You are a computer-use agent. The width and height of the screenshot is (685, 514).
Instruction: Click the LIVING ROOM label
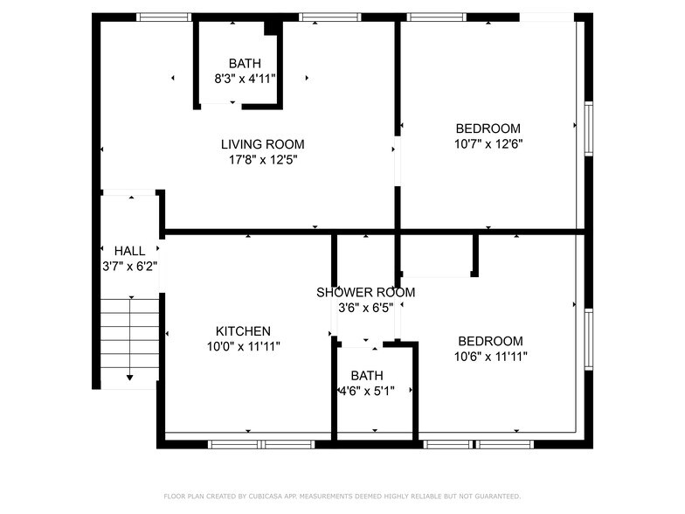click(262, 144)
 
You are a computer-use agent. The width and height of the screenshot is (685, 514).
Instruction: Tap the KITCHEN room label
click(243, 331)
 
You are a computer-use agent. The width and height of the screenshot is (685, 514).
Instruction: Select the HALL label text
click(129, 251)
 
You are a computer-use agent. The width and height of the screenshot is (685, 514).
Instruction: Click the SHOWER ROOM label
click(365, 292)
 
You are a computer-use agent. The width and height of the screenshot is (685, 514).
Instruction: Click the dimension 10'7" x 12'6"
click(488, 143)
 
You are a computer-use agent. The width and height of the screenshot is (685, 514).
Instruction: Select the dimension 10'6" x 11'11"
click(490, 356)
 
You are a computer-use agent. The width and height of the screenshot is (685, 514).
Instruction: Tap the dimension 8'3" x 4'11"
click(245, 78)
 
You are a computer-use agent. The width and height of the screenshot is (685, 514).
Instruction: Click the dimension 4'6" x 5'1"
click(367, 391)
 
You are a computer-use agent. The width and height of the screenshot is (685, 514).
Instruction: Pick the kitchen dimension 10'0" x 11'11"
click(243, 346)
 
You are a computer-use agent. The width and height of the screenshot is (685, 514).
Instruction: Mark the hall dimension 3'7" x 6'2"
click(129, 266)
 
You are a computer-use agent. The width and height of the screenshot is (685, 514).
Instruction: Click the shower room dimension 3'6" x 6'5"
click(365, 307)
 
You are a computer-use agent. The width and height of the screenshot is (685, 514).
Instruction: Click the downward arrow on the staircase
click(129, 376)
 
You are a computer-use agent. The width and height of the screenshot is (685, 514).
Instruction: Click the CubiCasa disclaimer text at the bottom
click(342, 496)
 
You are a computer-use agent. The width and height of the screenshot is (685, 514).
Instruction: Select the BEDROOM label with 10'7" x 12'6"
click(488, 128)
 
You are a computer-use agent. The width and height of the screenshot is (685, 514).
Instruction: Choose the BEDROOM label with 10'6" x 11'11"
click(490, 341)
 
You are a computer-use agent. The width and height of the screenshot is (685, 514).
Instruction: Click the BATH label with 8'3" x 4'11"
click(245, 63)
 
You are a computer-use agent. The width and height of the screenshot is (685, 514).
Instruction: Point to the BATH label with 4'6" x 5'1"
click(367, 376)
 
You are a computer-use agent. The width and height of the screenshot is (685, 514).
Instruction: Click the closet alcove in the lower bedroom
click(437, 254)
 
